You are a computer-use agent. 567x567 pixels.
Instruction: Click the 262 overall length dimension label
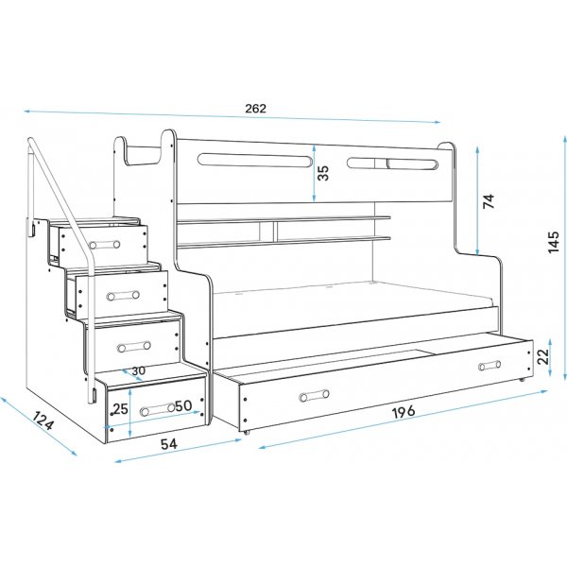[255, 108]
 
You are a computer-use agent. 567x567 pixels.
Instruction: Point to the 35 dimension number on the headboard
[324, 173]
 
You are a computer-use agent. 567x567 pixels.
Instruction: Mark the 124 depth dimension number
[42, 422]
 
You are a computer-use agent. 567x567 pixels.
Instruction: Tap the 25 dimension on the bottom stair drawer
[120, 408]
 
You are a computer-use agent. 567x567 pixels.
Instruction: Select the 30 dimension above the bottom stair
[139, 370]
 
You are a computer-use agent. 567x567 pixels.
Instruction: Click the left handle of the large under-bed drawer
[311, 396]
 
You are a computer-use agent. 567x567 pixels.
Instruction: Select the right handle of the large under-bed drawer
[489, 366]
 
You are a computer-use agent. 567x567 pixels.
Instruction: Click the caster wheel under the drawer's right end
[523, 381]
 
